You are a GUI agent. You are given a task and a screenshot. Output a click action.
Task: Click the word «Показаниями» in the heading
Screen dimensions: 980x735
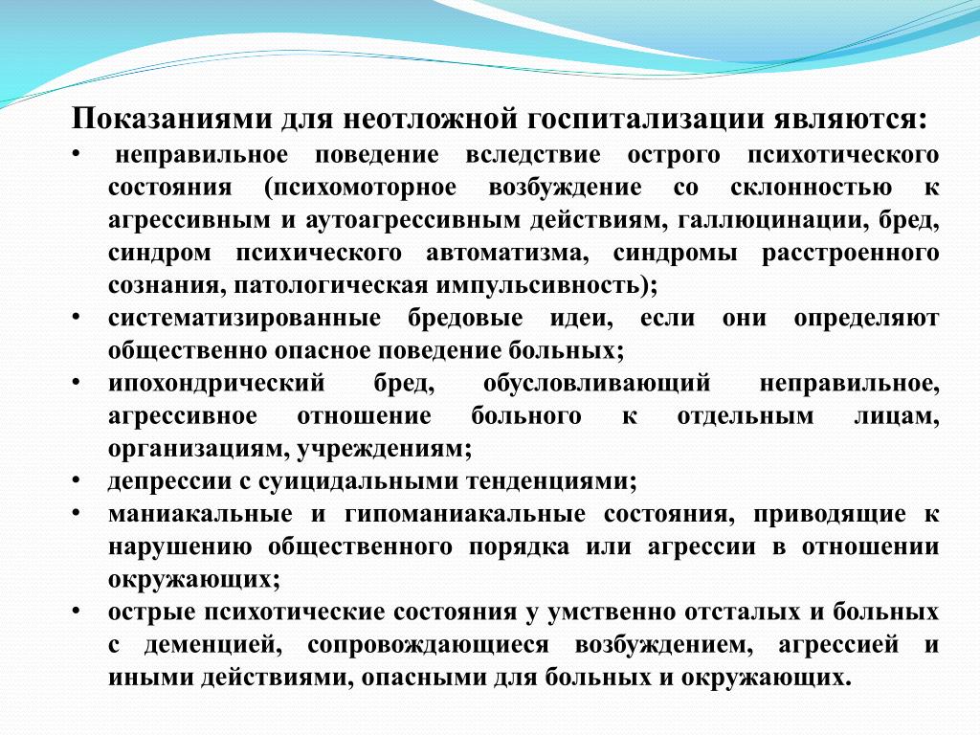172,118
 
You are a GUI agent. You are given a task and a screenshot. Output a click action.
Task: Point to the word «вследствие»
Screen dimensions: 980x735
532,155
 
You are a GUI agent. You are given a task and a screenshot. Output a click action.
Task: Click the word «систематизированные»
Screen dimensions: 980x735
244,318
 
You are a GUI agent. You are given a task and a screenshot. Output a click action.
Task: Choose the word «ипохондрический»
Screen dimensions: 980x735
216,383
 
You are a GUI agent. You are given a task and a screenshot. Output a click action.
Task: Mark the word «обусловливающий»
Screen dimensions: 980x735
597,383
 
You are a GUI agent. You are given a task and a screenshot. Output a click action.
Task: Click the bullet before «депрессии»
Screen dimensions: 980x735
77,481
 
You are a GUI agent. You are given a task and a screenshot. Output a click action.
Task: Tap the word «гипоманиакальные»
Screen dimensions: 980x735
465,514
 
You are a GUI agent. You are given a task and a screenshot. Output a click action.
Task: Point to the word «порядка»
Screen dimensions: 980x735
519,546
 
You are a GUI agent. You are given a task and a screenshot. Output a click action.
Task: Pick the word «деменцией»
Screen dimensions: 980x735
210,645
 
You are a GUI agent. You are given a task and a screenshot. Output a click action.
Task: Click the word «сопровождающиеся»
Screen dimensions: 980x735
428,645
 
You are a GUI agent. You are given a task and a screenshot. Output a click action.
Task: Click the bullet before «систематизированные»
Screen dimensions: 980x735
77,318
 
